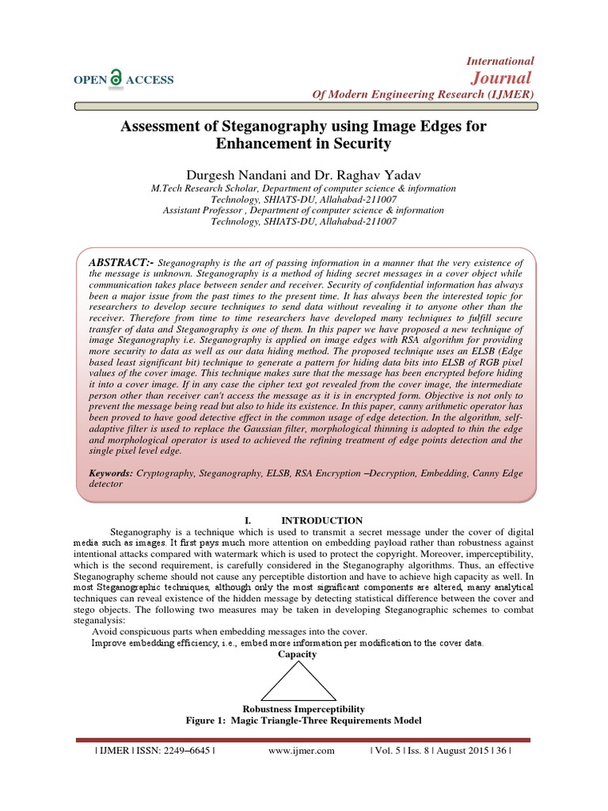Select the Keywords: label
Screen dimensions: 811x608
(x=112, y=472)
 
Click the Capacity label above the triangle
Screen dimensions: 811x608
(x=297, y=655)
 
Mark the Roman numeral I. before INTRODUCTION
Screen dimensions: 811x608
(x=226, y=520)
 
